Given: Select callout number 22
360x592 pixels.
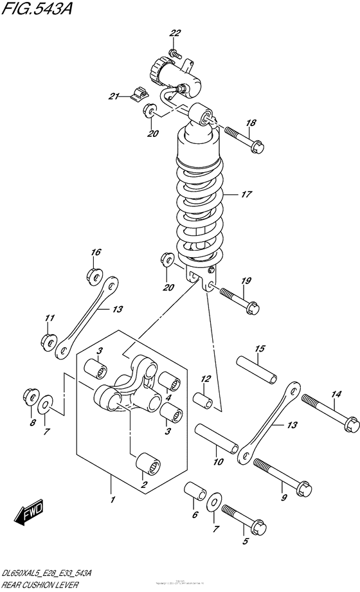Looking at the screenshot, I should pos(175,33).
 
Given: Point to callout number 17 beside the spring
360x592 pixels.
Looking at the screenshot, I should pos(246,193).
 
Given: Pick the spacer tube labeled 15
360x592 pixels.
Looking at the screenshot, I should pos(256,370).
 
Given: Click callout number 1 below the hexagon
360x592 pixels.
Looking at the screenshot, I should pos(112,499).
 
